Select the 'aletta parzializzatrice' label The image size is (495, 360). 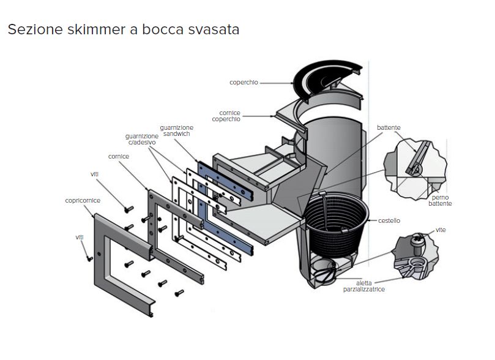(x=363, y=286)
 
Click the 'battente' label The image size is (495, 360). (x=389, y=127)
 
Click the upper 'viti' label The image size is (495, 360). (x=95, y=174)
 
